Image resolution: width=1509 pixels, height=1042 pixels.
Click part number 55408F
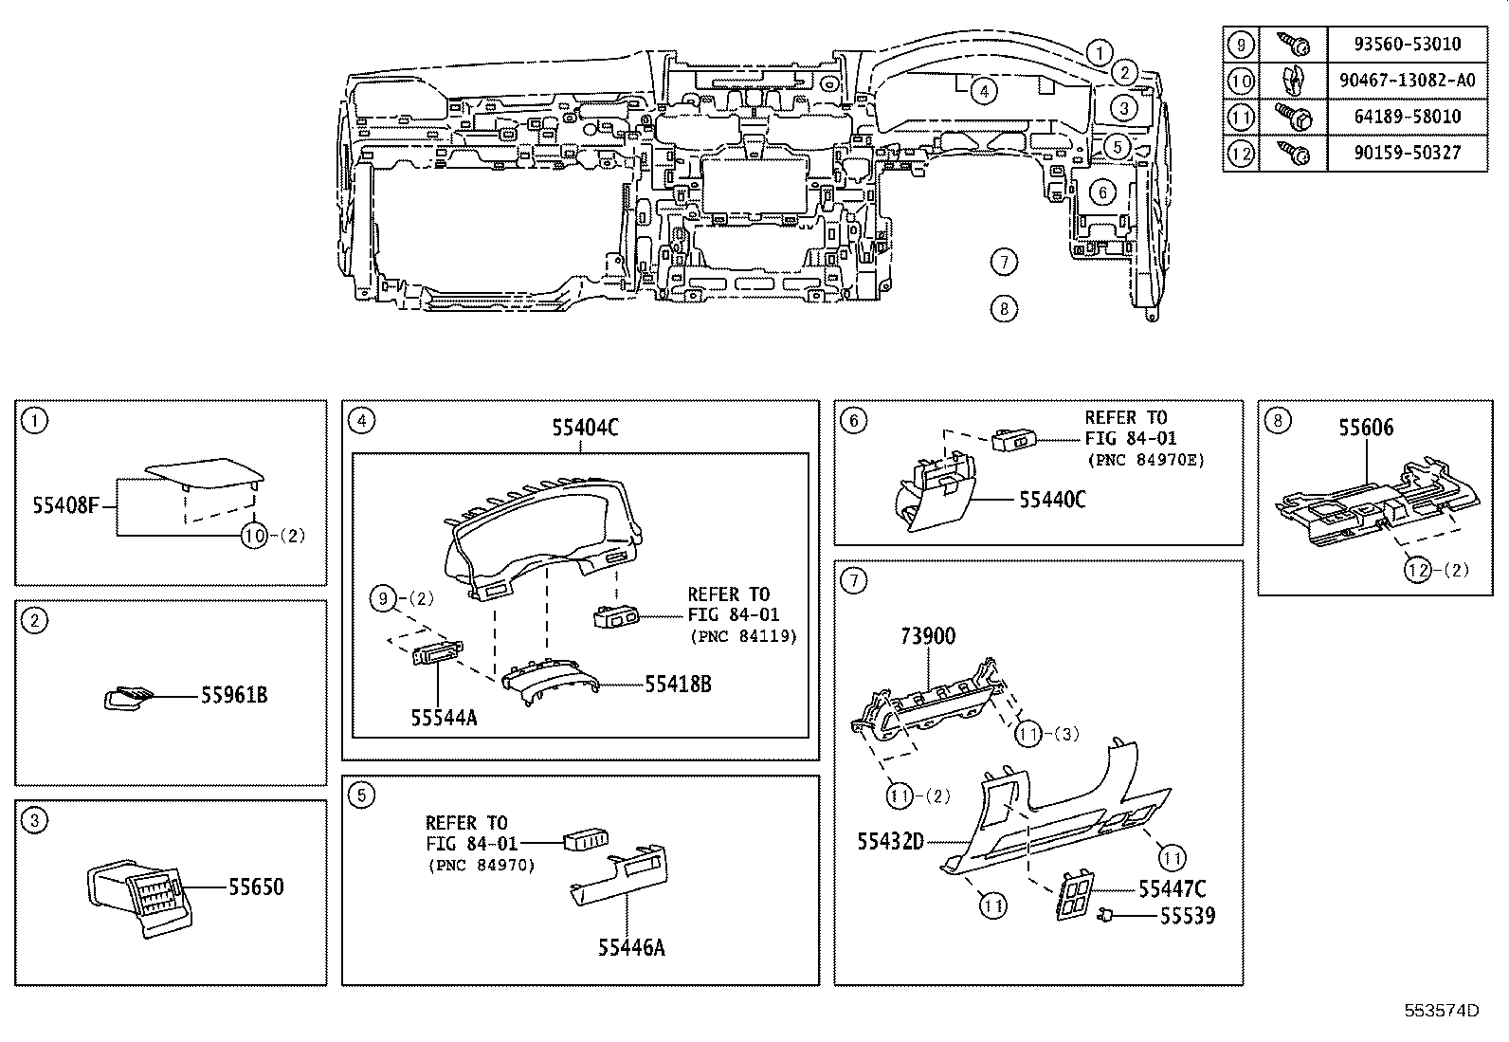pos(65,507)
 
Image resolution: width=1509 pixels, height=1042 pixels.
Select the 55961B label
pos(234,696)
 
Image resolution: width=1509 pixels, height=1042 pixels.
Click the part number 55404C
pos(585,429)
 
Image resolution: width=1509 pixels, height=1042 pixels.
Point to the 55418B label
pos(678,684)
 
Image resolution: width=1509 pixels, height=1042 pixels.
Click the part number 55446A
pos(631,946)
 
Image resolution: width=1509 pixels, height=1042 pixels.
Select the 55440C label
pos(1052,500)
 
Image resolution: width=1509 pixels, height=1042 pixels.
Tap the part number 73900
pos(928,636)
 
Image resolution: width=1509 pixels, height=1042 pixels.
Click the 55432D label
pos(890,841)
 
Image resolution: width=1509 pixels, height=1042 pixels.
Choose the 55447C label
pos(1172,889)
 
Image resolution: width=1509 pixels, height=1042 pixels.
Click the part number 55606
pos(1366,428)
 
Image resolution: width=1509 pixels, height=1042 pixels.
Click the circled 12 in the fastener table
pos(1240,153)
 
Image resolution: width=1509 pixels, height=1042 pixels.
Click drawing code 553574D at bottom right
pos(1441,1010)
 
